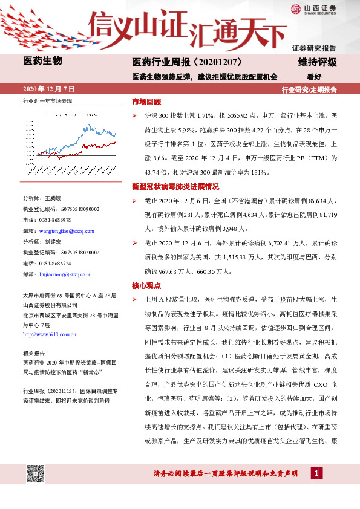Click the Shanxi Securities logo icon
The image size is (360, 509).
click(x=296, y=8)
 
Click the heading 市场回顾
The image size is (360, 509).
click(x=146, y=101)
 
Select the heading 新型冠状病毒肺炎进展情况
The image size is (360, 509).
click(x=175, y=187)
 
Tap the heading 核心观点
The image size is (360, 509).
click(x=146, y=284)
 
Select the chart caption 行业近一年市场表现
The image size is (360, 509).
click(x=47, y=100)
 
